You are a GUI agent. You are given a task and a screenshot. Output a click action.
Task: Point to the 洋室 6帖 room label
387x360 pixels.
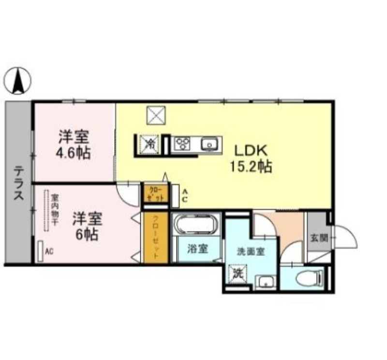(87, 226)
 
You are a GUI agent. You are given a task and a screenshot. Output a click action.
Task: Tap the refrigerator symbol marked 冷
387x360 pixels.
(150, 143)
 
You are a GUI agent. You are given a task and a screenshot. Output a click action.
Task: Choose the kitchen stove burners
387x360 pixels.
(183, 143)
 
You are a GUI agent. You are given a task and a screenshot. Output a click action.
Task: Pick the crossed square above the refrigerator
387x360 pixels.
(156, 115)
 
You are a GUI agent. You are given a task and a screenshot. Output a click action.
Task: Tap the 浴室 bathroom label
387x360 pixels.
(197, 249)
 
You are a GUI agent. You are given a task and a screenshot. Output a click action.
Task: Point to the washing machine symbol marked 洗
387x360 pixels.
(238, 273)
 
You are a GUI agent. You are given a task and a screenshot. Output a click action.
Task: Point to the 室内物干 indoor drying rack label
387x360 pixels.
(55, 210)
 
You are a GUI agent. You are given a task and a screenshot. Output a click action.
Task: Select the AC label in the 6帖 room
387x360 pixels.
(49, 252)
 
